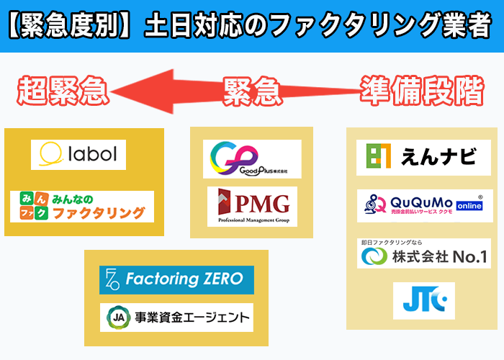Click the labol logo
coord(78,154)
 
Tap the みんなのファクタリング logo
coord(82,206)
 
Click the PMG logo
coord(252,206)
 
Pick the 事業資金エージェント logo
coord(176,317)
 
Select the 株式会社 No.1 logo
coord(424,253)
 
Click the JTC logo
coord(424,301)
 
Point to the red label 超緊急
coord(63,91)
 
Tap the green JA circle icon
coord(116,317)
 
